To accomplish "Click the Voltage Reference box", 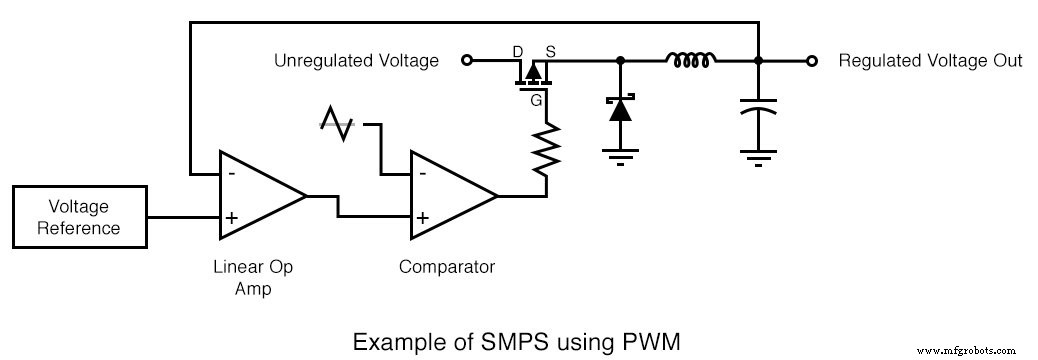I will tap(79, 216).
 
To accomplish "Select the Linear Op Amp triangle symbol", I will tap(256, 196).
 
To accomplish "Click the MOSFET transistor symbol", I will tap(533, 72).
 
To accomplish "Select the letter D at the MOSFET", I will tap(518, 49).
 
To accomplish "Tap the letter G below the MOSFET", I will tap(537, 99).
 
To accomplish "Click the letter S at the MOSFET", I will tap(549, 49).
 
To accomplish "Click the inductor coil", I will tap(690, 61).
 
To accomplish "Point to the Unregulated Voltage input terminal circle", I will tap(466, 61).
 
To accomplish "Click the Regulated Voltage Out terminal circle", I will tap(813, 61).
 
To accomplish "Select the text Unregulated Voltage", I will tap(356, 61).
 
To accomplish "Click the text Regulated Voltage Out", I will tap(929, 61).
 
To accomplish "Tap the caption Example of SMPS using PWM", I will tap(517, 342).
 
